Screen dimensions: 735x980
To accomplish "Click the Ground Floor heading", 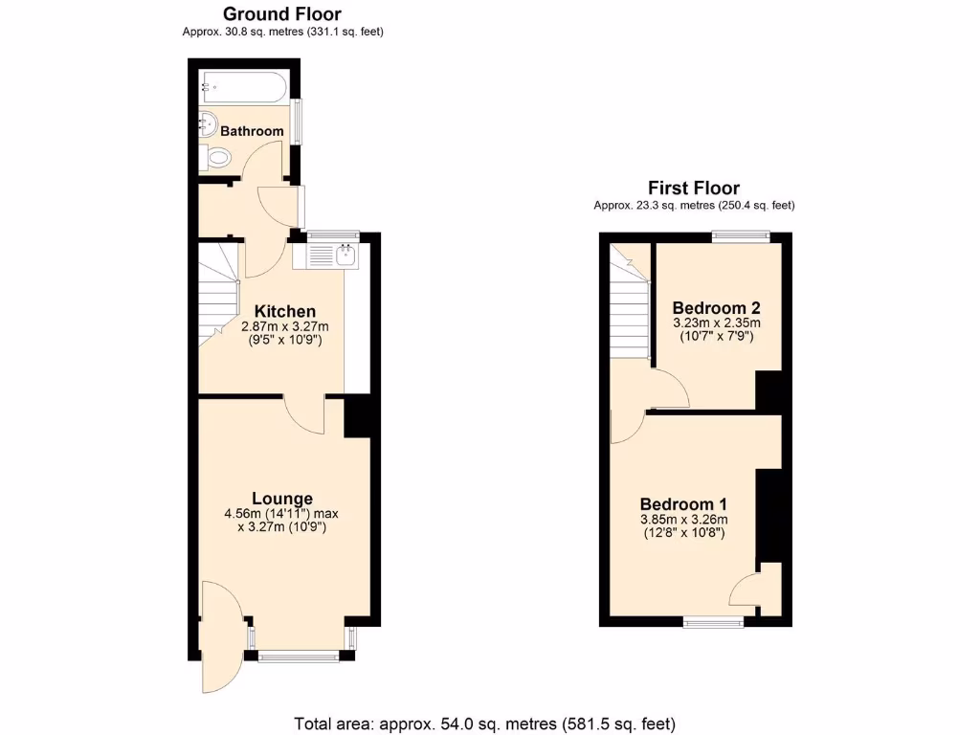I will pyautogui.click(x=282, y=13).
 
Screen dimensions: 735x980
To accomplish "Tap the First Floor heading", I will pyautogui.click(x=694, y=188).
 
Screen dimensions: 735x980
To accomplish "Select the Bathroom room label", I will pyautogui.click(x=252, y=131).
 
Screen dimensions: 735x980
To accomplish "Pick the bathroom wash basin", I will pyautogui.click(x=208, y=122).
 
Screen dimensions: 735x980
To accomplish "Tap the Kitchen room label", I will pyautogui.click(x=284, y=311).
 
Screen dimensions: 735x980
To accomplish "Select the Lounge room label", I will pyautogui.click(x=281, y=498).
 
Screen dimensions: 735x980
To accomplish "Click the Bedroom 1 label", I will pyautogui.click(x=684, y=504).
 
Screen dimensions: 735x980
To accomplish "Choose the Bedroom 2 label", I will pyautogui.click(x=716, y=307).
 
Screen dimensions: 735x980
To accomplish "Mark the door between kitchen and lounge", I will pyautogui.click(x=305, y=415).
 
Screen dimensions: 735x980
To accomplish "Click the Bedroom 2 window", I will pyautogui.click(x=742, y=236).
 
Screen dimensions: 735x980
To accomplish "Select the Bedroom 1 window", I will pyautogui.click(x=714, y=622).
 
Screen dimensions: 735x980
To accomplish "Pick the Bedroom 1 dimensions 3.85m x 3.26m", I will pyautogui.click(x=684, y=520).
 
